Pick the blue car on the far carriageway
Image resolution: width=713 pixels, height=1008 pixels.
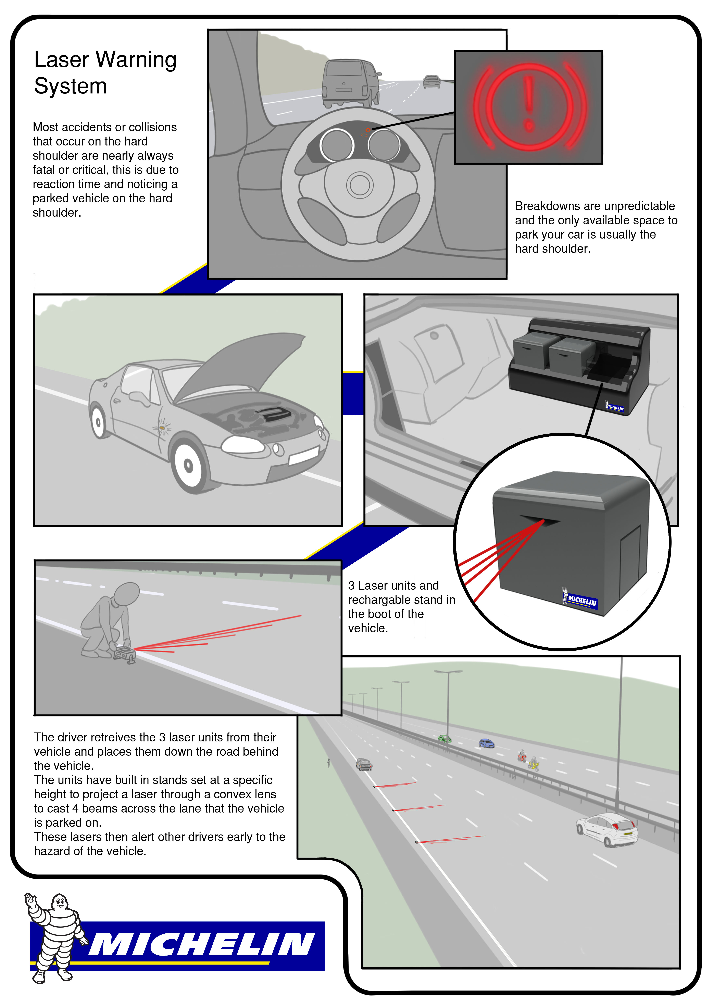(x=486, y=743)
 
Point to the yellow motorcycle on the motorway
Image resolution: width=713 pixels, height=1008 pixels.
(x=534, y=764)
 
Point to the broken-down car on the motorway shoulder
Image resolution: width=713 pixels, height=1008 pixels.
(x=364, y=764)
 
